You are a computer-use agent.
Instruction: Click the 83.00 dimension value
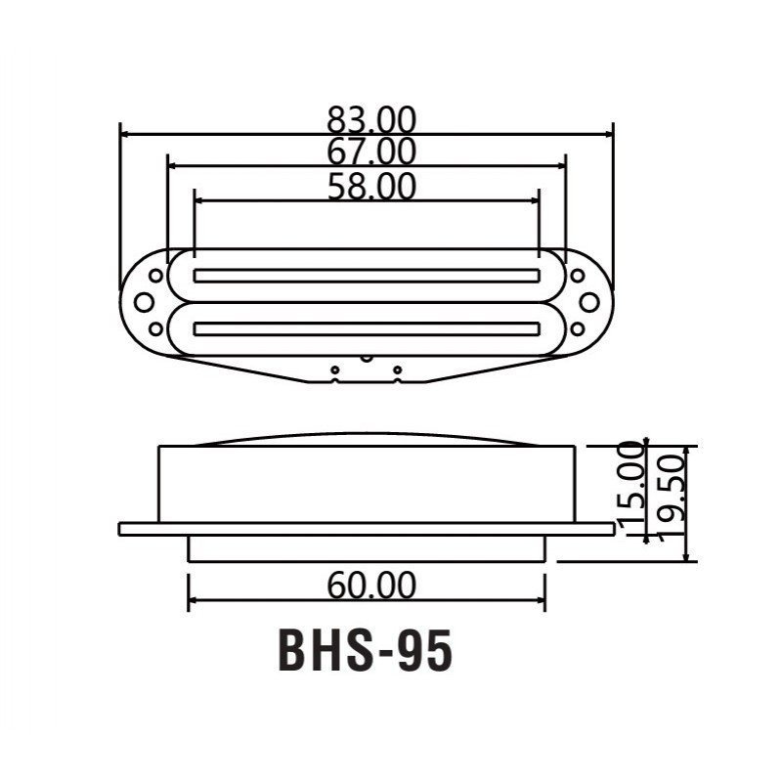coord(371,120)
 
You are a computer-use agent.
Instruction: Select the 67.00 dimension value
coord(371,152)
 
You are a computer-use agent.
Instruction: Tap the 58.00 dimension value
coord(371,186)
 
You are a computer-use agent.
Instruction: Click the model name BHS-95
coord(367,652)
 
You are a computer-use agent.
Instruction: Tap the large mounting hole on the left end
coord(144,300)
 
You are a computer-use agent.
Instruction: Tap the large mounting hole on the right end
coord(589,300)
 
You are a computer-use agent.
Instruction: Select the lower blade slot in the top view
coord(368,326)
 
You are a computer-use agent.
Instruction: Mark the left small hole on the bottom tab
coord(334,369)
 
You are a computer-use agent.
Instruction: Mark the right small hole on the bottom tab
coord(397,369)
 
